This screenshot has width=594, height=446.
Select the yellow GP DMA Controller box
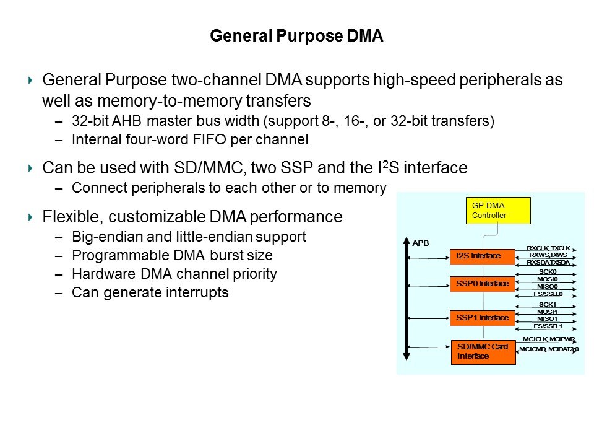489,210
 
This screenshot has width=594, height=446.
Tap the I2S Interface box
483,255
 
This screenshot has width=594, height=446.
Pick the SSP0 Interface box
483,284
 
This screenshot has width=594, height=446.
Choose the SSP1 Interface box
483,318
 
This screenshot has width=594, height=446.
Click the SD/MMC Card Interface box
483,352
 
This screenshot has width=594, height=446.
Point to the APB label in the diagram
421,243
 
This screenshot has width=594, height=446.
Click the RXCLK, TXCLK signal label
548,248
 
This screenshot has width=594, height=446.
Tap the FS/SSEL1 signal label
548,326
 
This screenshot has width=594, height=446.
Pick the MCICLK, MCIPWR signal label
548,339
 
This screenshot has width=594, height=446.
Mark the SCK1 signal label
548,305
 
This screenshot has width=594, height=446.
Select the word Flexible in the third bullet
67,217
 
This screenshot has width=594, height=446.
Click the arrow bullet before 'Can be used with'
31,168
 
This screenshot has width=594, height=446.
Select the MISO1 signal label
548,319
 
